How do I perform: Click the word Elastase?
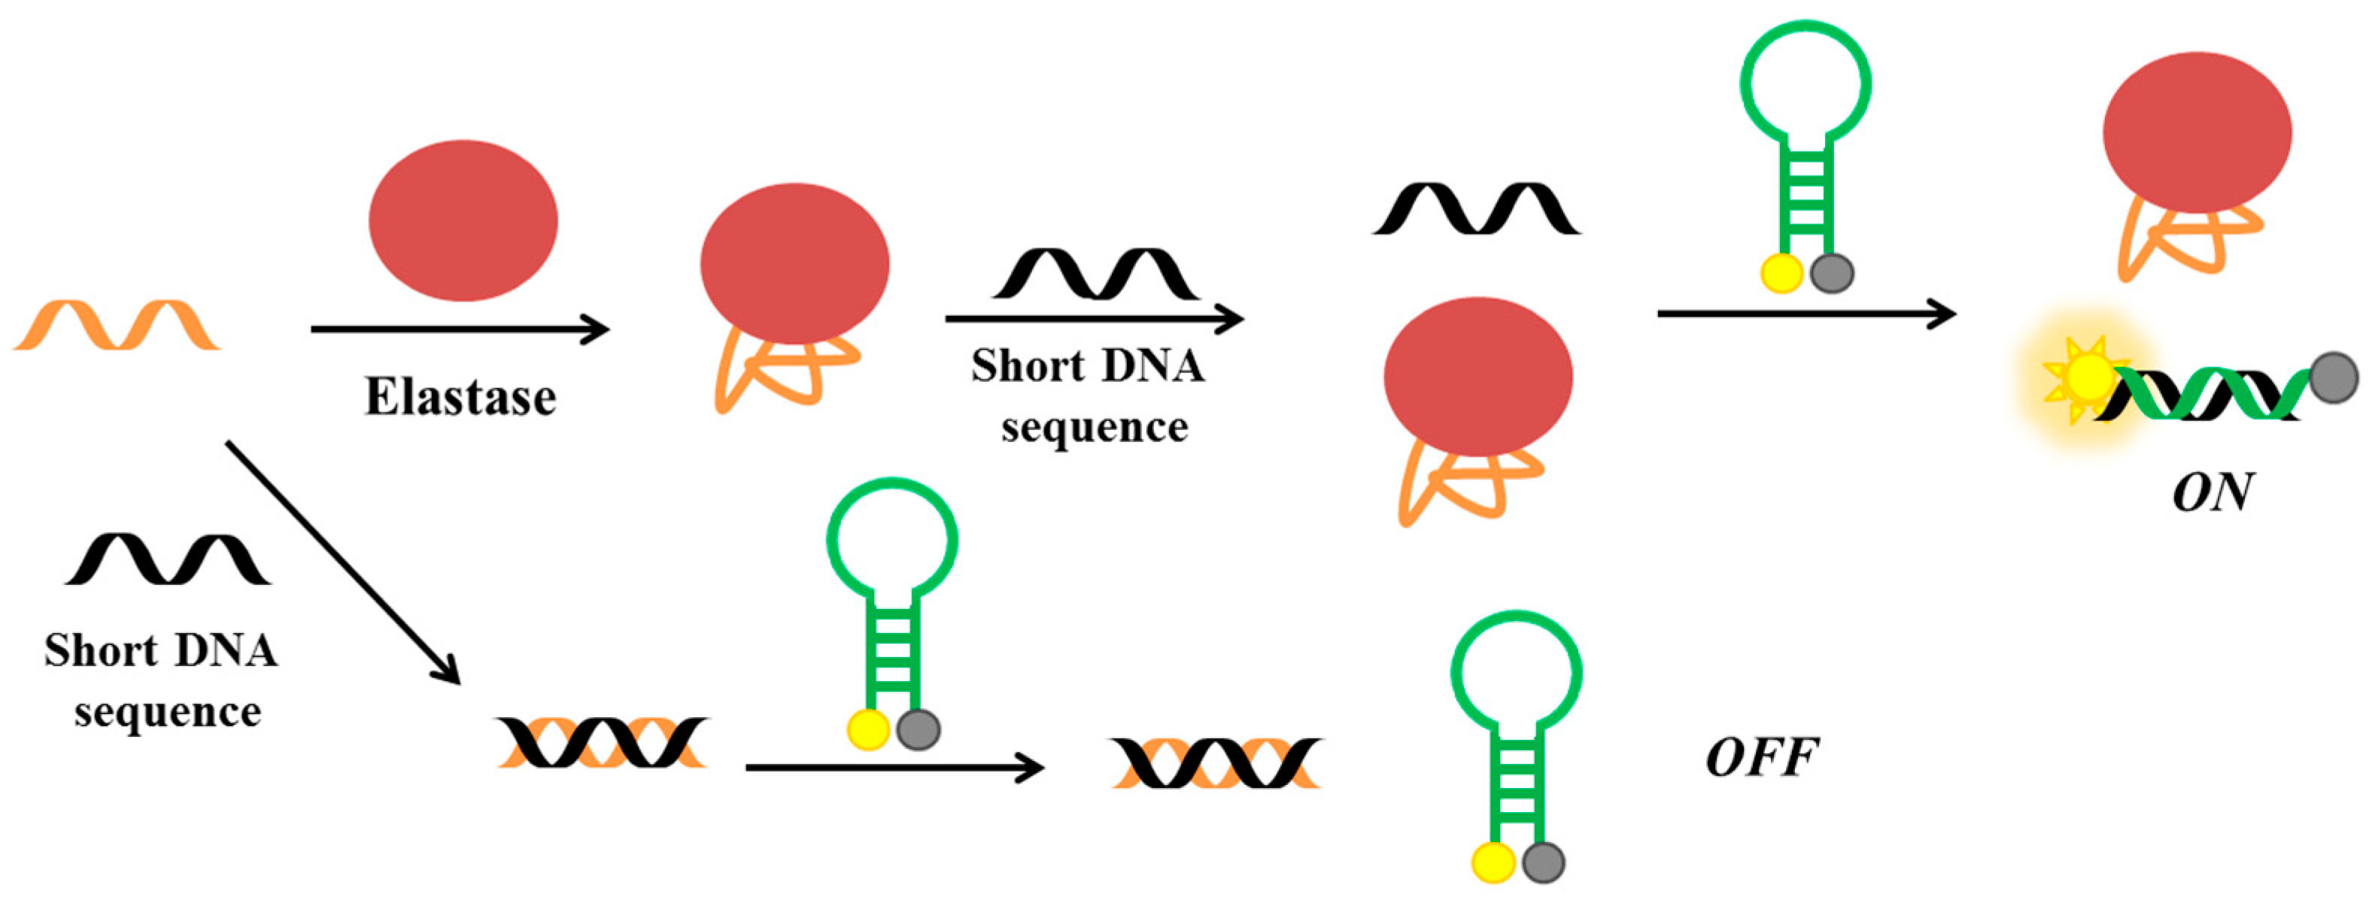460,398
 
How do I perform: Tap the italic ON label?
2212,492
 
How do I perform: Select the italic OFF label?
1761,759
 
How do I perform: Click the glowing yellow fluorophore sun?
2088,377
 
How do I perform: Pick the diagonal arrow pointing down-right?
342,562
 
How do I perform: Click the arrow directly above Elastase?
460,329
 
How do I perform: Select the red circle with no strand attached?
463,220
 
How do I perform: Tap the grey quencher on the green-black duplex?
2334,377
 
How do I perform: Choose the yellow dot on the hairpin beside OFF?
1493,862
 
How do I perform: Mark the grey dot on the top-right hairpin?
1832,272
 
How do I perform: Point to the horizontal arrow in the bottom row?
894,767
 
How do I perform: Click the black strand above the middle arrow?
1096,274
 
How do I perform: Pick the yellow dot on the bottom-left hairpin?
867,730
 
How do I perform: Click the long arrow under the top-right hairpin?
1806,314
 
